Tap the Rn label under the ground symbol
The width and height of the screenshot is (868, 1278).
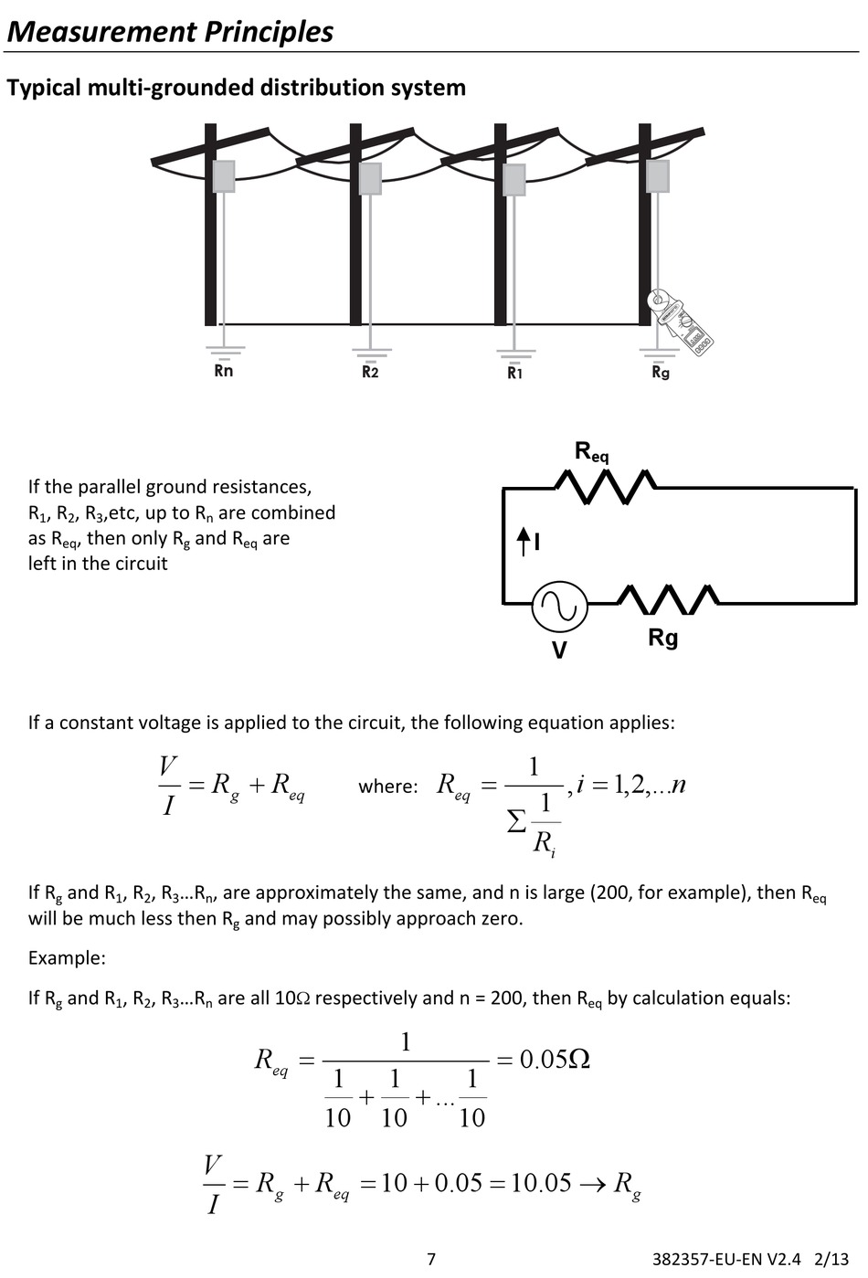[x=223, y=371]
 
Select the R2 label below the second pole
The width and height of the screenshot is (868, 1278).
[x=370, y=372]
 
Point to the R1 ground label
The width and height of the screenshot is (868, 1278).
[x=515, y=373]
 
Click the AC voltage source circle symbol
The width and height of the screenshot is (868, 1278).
[x=559, y=606]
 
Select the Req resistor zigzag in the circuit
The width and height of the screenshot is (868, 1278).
[x=606, y=487]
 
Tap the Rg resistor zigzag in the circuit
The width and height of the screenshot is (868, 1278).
[x=668, y=599]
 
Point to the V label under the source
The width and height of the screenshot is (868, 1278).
[x=559, y=650]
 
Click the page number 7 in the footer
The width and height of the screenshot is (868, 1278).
[x=431, y=1259]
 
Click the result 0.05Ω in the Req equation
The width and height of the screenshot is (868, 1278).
[x=554, y=1060]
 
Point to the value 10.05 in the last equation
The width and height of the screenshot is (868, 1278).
[x=540, y=1183]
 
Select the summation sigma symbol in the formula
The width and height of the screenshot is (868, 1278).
[x=516, y=821]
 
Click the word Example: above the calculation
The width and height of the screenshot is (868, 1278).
[x=67, y=958]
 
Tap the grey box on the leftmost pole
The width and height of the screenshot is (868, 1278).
[x=224, y=175]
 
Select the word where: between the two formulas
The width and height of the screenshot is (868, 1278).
[x=387, y=787]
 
